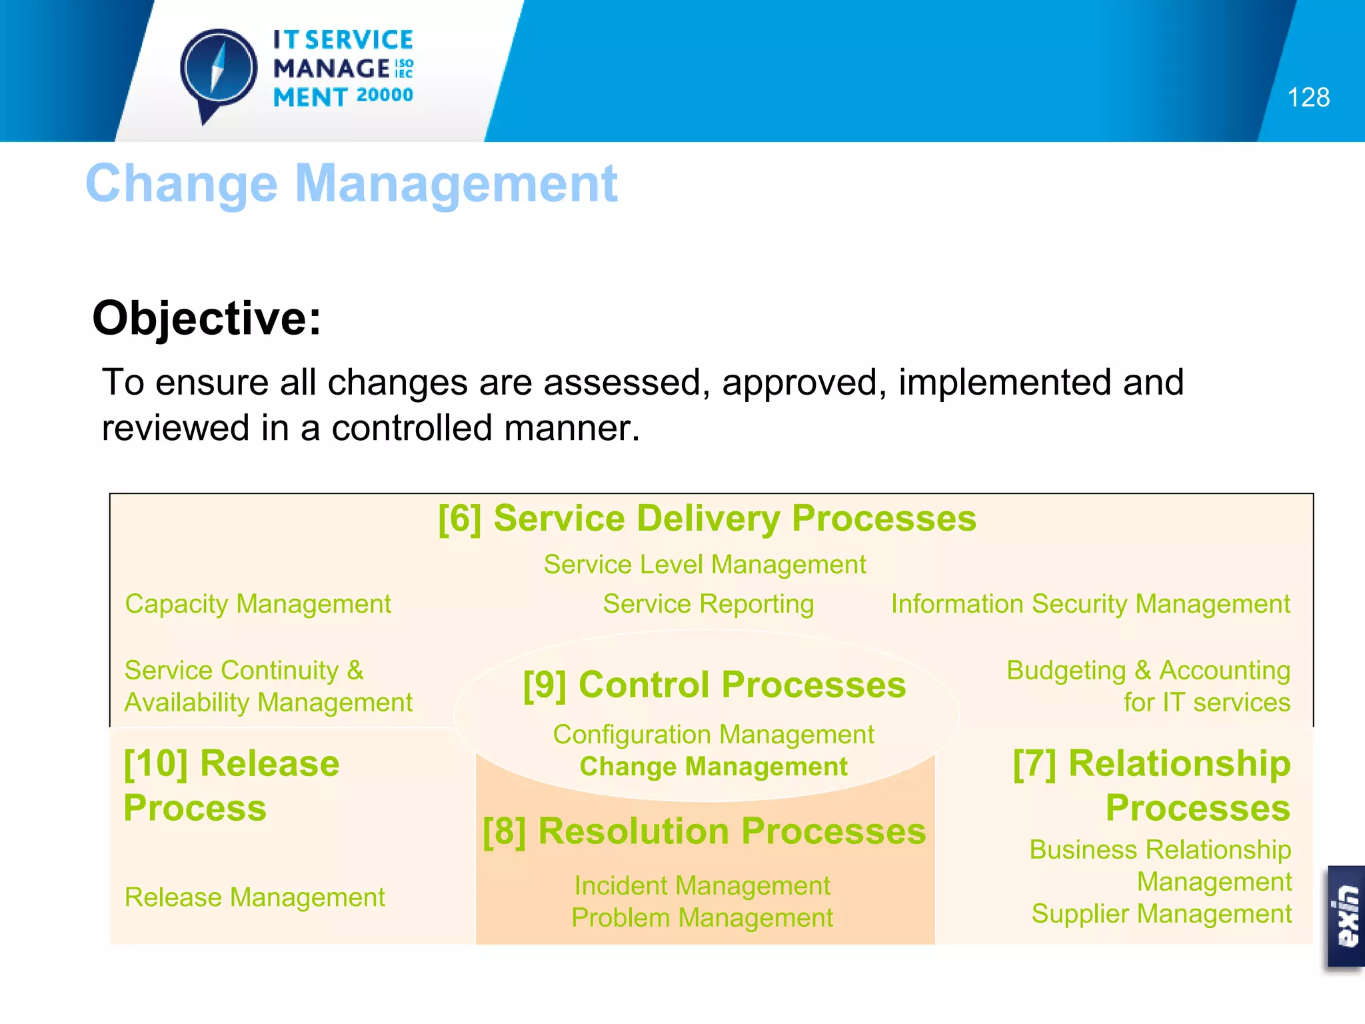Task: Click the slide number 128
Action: coord(1308,97)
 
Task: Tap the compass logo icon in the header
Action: coord(219,71)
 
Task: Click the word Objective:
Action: coord(207,318)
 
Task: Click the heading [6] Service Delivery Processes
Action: coord(706,519)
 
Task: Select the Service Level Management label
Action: coord(704,565)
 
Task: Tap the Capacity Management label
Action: coord(258,604)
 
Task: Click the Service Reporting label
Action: coord(708,604)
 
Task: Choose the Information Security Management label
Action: coord(1090,604)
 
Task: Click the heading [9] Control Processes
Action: coord(714,685)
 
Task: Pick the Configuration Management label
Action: coord(713,735)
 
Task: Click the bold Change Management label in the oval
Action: coord(713,767)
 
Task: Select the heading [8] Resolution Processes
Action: coord(704,831)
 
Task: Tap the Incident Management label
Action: coord(702,886)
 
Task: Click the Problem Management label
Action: coord(702,918)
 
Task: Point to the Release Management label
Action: coord(255,897)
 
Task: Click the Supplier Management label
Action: coord(1161,914)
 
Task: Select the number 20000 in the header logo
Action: coord(385,95)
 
